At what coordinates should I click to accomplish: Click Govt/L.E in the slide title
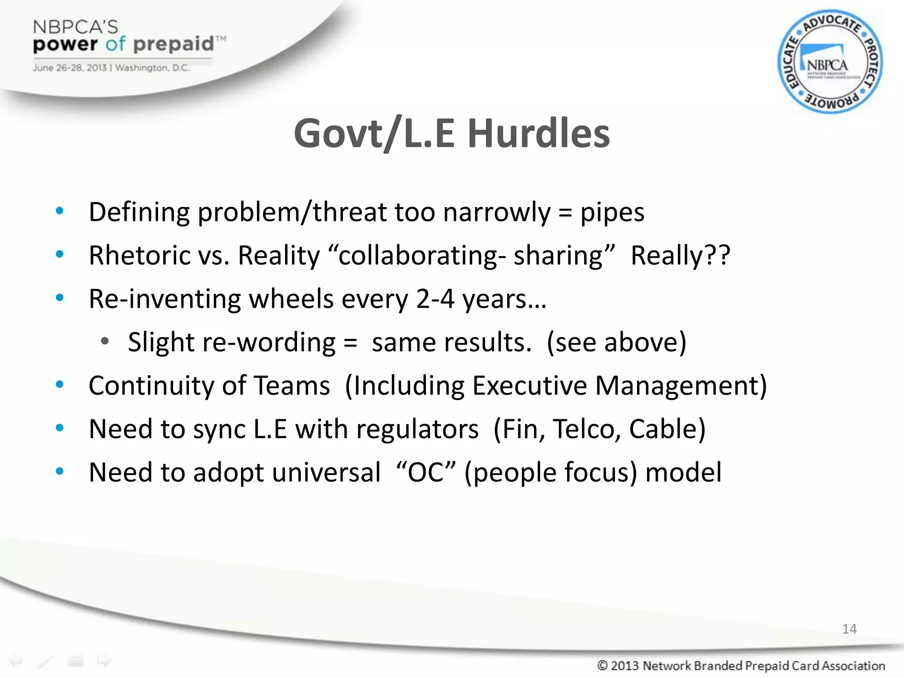[374, 133]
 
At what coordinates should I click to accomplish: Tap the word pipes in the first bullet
[612, 212]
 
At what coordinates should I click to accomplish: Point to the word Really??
[680, 255]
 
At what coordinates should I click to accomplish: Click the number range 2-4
[435, 299]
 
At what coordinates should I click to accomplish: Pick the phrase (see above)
[617, 342]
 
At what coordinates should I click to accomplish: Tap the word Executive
[530, 385]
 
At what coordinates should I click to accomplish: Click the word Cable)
[667, 429]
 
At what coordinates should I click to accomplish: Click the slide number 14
[849, 629]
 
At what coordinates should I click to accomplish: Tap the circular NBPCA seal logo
[830, 62]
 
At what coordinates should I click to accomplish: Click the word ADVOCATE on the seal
[832, 23]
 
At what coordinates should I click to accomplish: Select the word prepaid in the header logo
[173, 44]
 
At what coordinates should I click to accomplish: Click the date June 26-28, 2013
[69, 68]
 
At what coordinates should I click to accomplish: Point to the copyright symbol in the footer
[602, 665]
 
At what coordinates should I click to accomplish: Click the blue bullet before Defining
[60, 211]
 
